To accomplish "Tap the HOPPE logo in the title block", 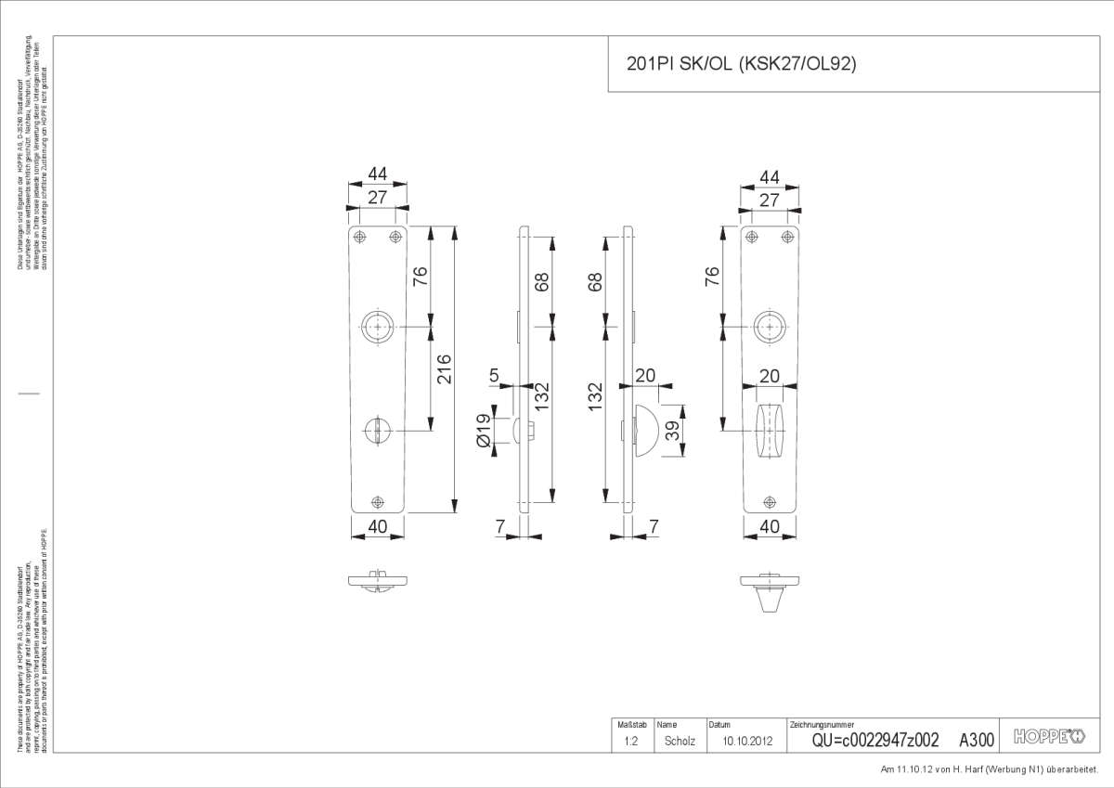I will click(x=1048, y=737).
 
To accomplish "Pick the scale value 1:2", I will click(x=630, y=741).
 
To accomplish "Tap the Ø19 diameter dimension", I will click(x=483, y=431).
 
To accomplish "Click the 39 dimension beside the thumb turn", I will click(x=676, y=430).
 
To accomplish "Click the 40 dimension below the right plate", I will click(x=769, y=526).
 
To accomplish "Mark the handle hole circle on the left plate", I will click(x=377, y=327).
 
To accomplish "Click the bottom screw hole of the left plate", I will click(x=377, y=502).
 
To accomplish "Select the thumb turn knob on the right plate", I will click(x=769, y=432).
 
